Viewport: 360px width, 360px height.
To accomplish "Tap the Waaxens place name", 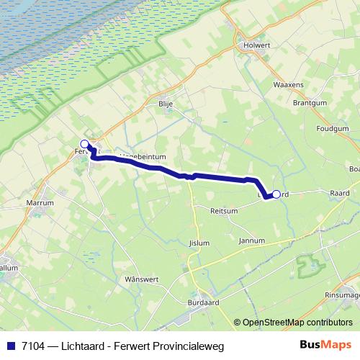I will [288, 84].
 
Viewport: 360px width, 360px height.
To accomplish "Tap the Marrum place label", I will [40, 204].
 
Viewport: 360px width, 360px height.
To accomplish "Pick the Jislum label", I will [197, 243].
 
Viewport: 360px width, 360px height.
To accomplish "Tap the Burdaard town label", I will [202, 302].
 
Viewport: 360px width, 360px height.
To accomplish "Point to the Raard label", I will [339, 194].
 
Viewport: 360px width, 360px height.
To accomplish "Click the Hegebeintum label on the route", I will [143, 156].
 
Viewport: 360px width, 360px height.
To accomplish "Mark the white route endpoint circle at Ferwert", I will [85, 143].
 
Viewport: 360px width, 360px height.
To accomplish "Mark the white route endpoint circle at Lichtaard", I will [276, 194].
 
